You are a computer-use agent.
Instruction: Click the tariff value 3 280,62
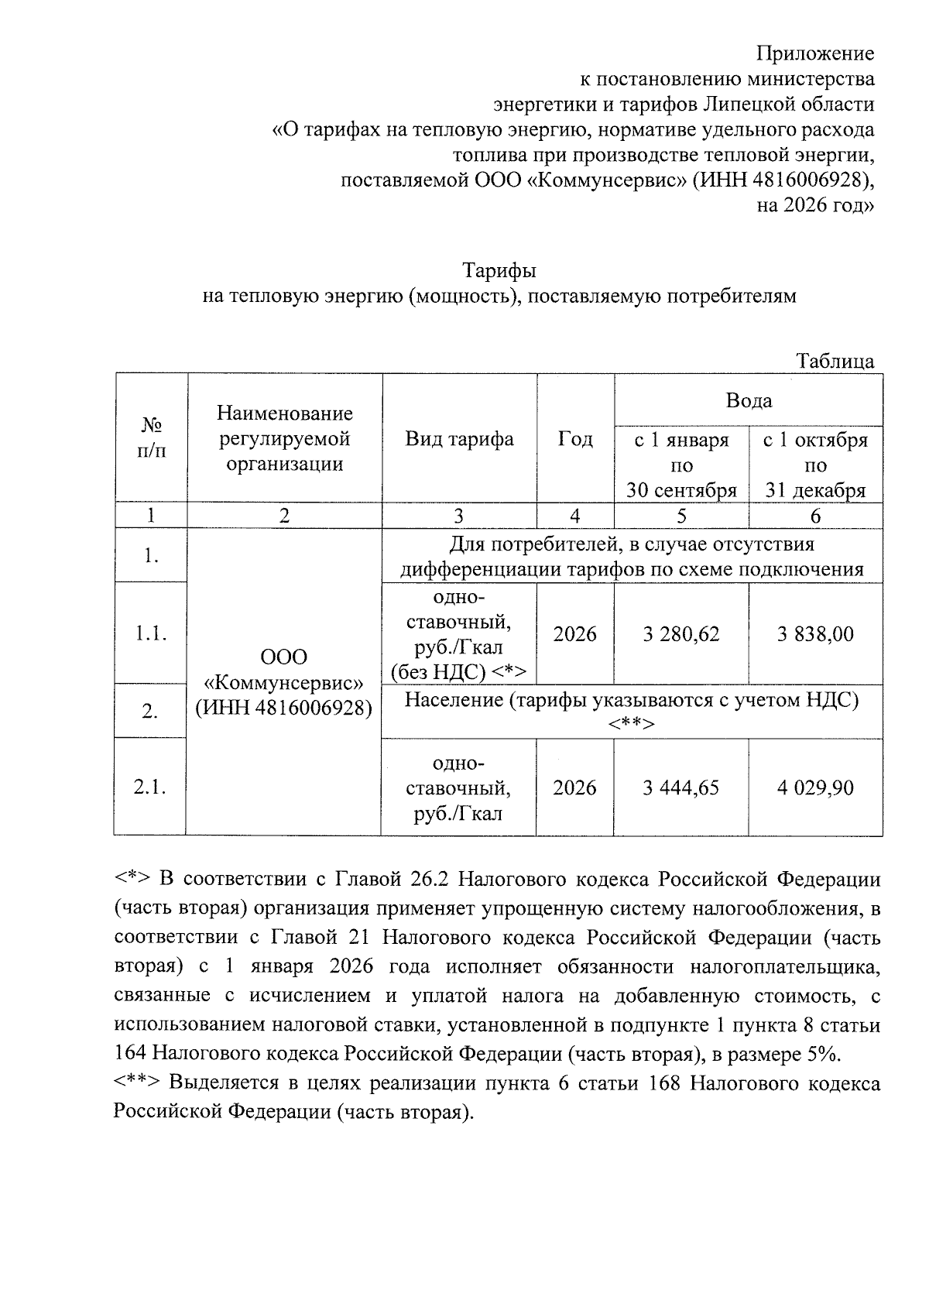(681, 635)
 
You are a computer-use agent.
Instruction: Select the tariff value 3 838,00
(815, 635)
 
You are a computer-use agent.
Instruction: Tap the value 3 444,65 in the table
(681, 788)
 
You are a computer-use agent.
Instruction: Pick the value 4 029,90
(815, 788)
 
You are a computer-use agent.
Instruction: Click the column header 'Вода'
(749, 400)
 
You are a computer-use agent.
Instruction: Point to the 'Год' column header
(575, 440)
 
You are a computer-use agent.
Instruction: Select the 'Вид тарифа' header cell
(459, 440)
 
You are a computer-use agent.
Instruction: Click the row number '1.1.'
(151, 634)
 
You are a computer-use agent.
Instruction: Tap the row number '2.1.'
(151, 787)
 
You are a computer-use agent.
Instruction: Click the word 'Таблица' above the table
(835, 361)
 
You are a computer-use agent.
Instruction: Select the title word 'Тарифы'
(499, 271)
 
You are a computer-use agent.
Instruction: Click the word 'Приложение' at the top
(815, 53)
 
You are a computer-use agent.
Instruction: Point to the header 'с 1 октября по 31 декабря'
(815, 465)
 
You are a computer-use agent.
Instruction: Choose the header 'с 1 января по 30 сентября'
(681, 465)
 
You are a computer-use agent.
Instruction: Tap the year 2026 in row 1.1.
(575, 635)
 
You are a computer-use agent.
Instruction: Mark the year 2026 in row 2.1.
(575, 788)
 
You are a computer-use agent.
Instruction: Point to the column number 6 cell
(815, 516)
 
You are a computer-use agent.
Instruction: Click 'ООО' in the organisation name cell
(283, 657)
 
